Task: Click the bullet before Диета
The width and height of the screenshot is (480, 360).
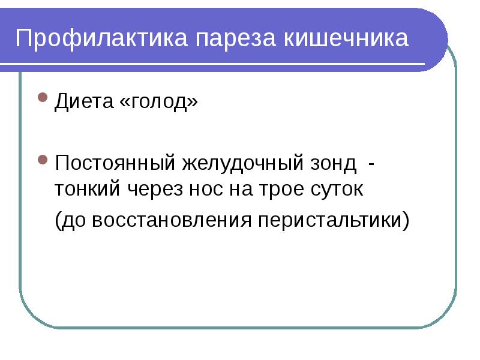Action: point(43,97)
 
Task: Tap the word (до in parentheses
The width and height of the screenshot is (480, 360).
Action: point(70,220)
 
